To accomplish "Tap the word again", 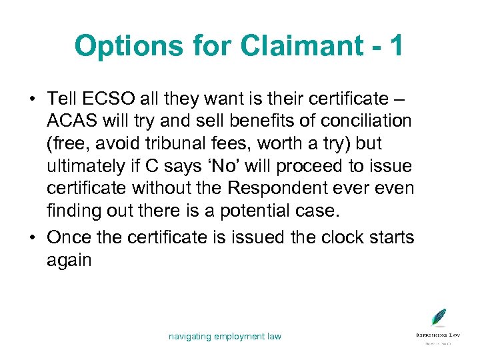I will pyautogui.click(x=69, y=259).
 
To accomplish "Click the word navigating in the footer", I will pyautogui.click(x=189, y=337).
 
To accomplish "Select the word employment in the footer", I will pyautogui.click(x=240, y=337).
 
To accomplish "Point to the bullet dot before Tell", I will pyautogui.click(x=31, y=99).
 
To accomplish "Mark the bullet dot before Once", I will pyautogui.click(x=31, y=237).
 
